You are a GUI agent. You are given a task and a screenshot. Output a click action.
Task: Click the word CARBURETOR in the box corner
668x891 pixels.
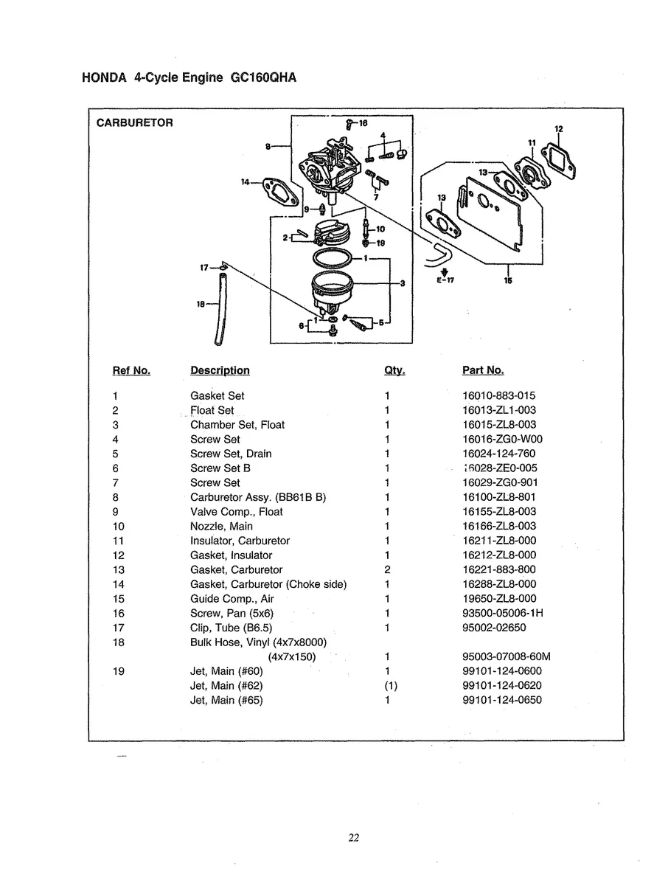click(x=135, y=123)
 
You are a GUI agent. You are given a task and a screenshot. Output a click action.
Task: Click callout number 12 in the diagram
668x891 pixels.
click(x=558, y=129)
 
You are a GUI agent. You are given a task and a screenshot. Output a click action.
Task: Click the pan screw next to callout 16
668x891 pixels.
click(x=348, y=125)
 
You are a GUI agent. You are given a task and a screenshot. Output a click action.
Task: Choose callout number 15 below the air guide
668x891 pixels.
click(x=507, y=280)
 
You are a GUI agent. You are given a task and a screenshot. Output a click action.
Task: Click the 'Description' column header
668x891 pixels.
click(x=220, y=370)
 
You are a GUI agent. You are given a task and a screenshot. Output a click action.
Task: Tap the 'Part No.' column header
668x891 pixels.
click(x=483, y=370)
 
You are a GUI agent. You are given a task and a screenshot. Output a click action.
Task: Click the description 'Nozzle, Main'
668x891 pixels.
click(x=221, y=526)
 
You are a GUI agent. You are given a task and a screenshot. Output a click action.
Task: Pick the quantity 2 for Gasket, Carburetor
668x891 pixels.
click(x=386, y=569)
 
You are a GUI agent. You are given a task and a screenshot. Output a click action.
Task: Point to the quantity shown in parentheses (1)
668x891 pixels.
click(x=391, y=685)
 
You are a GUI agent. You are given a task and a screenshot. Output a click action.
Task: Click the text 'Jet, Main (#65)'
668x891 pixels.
click(x=226, y=700)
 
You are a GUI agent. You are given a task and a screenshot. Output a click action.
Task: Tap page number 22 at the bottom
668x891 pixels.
click(x=353, y=837)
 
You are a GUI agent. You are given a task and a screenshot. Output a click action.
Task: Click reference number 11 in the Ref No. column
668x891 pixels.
click(x=119, y=541)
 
